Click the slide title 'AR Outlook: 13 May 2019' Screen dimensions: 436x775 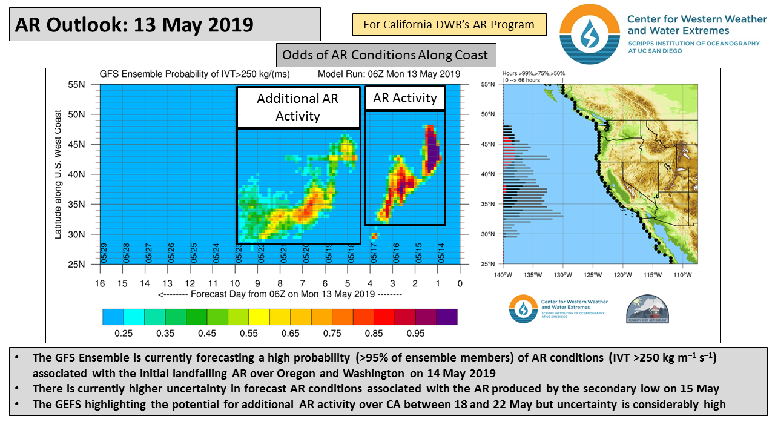[134, 25]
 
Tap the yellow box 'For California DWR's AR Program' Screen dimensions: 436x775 [449, 25]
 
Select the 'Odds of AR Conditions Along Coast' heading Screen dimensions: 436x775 [386, 55]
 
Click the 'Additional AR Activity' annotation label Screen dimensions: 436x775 [297, 107]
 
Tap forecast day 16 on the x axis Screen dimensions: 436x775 [100, 283]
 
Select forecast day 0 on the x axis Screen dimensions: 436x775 [460, 283]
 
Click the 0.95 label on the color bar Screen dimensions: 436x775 [416, 334]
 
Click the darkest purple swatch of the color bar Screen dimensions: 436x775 [447, 317]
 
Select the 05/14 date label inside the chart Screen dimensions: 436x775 [441, 253]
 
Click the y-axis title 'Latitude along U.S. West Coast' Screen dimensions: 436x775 [59, 174]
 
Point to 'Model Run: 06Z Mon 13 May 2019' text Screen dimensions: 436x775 [389, 74]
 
